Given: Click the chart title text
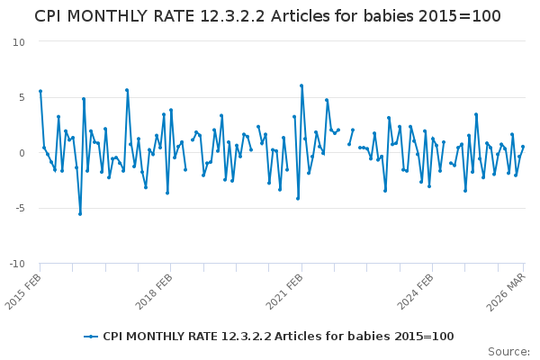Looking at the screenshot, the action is [x=267, y=16].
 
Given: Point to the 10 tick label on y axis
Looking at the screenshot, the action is [x=19, y=42].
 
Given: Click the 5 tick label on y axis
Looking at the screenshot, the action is [x=22, y=97].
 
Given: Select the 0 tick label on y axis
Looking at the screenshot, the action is [x=22, y=153].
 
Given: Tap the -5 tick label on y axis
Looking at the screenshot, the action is [x=20, y=209].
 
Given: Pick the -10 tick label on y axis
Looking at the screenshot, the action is [x=17, y=264].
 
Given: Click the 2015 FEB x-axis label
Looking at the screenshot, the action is [x=23, y=292].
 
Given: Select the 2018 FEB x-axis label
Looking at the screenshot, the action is [x=154, y=292].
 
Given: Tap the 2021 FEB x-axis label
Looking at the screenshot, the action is [x=284, y=292].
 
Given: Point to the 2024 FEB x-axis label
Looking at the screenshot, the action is [x=415, y=292].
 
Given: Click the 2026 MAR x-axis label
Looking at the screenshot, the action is [x=506, y=292].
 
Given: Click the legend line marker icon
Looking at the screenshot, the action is [x=91, y=337].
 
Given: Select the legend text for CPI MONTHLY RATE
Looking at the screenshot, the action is [x=278, y=337].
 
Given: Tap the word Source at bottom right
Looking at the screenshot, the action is [x=508, y=352].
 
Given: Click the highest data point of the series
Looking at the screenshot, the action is [x=301, y=85].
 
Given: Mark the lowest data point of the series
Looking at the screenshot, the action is [x=80, y=214].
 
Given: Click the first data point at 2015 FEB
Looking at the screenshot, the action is [x=40, y=91].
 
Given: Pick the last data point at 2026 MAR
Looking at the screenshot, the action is [x=523, y=147].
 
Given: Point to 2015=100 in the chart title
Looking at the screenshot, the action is [x=460, y=16].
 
